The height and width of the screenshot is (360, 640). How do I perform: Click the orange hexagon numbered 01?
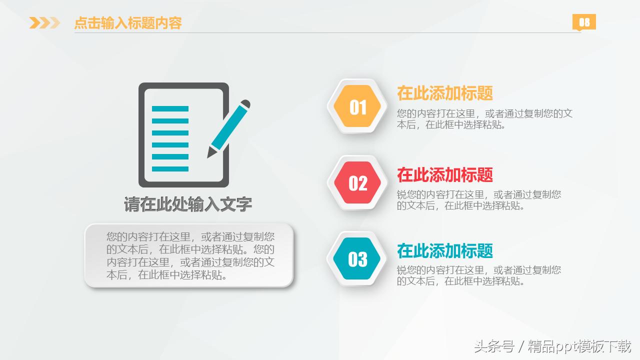357,107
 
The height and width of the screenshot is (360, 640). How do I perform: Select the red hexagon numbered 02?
357,183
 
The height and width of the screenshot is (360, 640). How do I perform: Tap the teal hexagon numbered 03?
357,259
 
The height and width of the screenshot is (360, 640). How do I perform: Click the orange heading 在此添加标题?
445,93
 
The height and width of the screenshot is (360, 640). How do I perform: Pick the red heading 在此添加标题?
445,174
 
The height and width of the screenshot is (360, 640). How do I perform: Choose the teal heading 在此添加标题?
445,250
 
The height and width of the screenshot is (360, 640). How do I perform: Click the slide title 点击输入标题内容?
127,23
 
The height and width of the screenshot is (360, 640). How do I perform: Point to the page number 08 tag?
584,22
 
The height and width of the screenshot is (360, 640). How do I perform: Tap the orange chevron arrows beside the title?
44,23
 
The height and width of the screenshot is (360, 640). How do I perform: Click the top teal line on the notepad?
170,108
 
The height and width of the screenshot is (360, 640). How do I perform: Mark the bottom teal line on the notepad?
170,169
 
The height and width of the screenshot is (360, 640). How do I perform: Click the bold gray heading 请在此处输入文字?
188,204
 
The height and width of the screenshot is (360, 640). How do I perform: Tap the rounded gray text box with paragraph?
188,255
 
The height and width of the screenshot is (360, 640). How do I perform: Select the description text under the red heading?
478,200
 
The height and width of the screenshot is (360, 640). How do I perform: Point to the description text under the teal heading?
478,275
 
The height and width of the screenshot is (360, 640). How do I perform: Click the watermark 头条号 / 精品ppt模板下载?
552,346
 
